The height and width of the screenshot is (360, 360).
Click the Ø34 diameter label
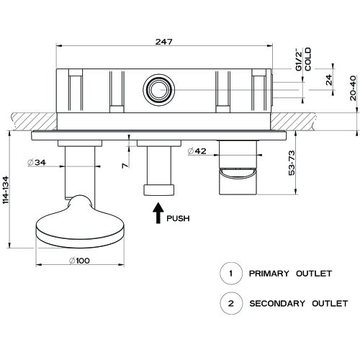(x=37, y=163)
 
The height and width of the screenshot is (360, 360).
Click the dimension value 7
(x=125, y=166)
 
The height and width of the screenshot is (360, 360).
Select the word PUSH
(x=179, y=218)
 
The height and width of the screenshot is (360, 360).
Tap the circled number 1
(x=230, y=274)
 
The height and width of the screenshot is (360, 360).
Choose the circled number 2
(x=230, y=303)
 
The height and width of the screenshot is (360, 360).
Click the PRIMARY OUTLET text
(x=289, y=274)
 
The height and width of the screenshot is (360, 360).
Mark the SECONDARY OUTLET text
(x=298, y=303)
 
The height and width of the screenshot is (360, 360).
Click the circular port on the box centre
(x=158, y=89)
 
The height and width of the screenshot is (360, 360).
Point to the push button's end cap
(x=158, y=190)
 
